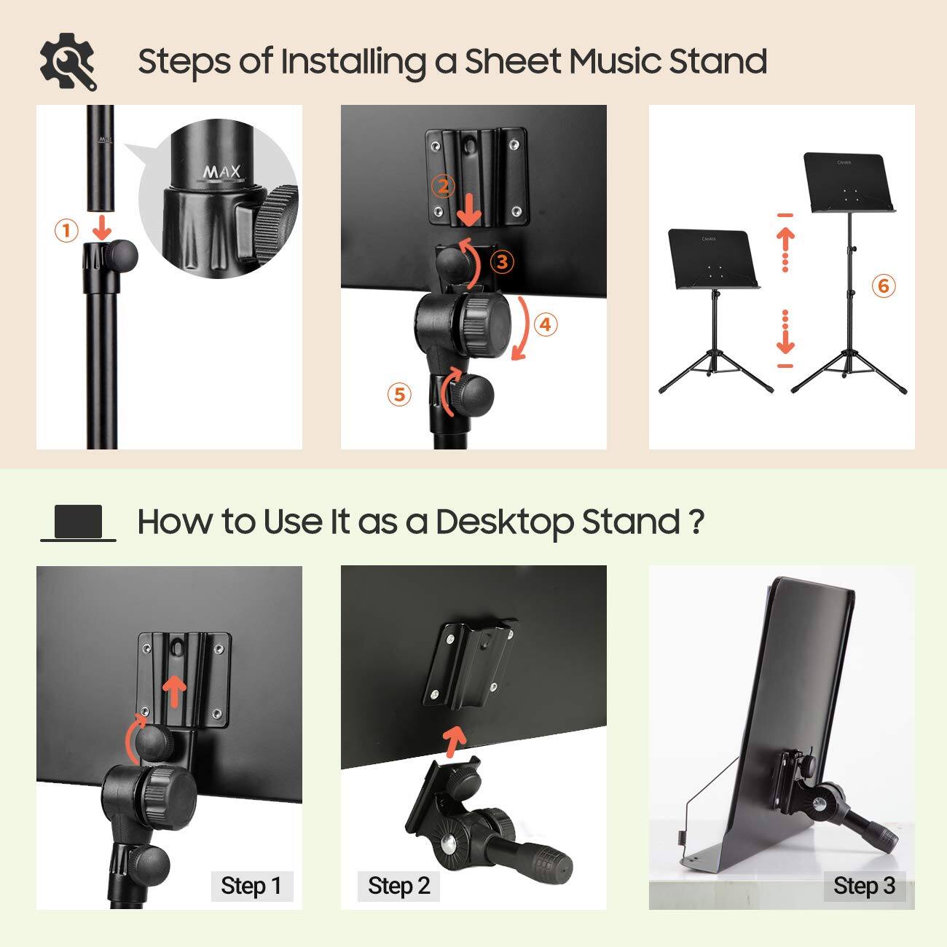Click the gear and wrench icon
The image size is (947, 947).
coord(68,61)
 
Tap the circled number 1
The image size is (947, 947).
coord(66,231)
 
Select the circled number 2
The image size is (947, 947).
coord(443,186)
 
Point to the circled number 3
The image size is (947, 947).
coord(502,262)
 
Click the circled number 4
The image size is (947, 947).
coord(546,324)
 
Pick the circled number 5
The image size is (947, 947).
coord(399,394)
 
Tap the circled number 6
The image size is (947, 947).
coord(884,286)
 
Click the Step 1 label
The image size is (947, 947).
coord(251,886)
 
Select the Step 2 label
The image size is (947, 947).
coord(398,886)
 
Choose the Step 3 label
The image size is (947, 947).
coord(864,886)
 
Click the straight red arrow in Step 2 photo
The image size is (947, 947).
coord(455,740)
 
